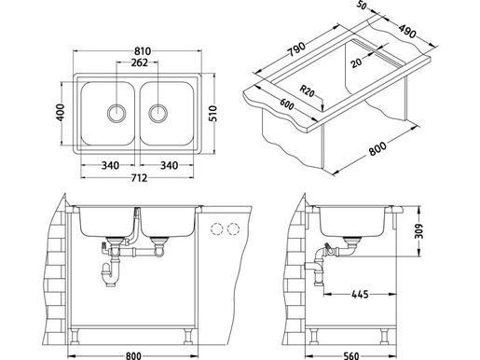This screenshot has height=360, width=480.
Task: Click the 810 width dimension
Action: pyautogui.click(x=143, y=50)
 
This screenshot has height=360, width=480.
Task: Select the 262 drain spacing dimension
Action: pyautogui.click(x=139, y=62)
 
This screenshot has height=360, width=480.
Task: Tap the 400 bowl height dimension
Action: pyautogui.click(x=61, y=112)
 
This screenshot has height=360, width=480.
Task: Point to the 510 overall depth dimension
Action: pyautogui.click(x=213, y=114)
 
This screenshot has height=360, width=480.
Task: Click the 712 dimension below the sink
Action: pyautogui.click(x=139, y=178)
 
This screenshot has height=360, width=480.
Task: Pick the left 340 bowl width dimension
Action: pyautogui.click(x=110, y=165)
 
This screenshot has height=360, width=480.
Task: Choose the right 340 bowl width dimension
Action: pyautogui.click(x=169, y=165)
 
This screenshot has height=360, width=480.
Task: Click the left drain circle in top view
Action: pyautogui.click(x=117, y=113)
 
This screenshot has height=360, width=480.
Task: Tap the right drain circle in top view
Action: pyautogui.click(x=158, y=113)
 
